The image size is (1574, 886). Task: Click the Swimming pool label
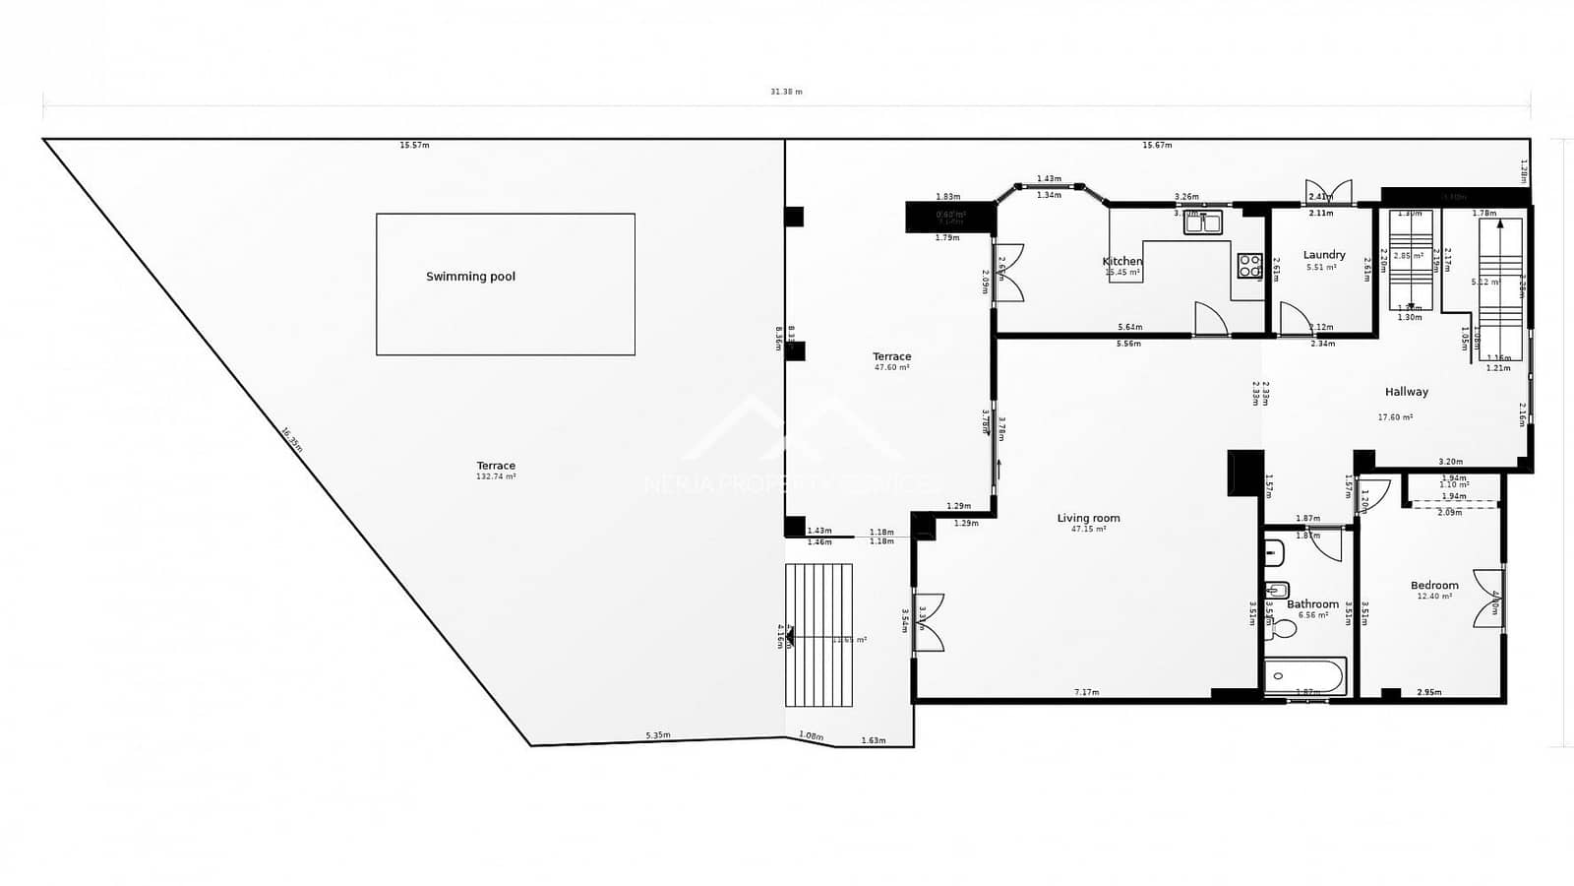[470, 277]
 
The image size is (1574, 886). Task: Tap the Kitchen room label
[1121, 261]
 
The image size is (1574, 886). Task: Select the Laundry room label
[1323, 255]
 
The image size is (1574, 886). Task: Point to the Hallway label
[1406, 392]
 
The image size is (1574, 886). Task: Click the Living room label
[1088, 518]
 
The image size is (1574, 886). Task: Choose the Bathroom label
[1312, 604]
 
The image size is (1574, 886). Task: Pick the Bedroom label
[1433, 586]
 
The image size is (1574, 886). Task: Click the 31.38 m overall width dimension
[786, 92]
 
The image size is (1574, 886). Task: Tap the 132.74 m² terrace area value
[496, 476]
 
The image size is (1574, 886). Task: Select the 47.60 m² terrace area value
[891, 367]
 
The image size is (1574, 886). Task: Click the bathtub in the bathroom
[1305, 676]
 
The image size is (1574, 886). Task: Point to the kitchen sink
[1202, 222]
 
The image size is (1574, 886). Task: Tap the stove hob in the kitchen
[1249, 265]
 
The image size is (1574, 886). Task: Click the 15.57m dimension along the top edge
[414, 146]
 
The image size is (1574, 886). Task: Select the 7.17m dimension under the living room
[1086, 693]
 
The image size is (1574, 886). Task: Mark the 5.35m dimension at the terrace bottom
[657, 735]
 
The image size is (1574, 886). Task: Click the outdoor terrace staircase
[818, 635]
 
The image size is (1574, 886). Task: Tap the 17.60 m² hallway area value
[1395, 417]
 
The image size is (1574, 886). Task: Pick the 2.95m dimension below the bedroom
[1428, 693]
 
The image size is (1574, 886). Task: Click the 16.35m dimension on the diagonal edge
[291, 439]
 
